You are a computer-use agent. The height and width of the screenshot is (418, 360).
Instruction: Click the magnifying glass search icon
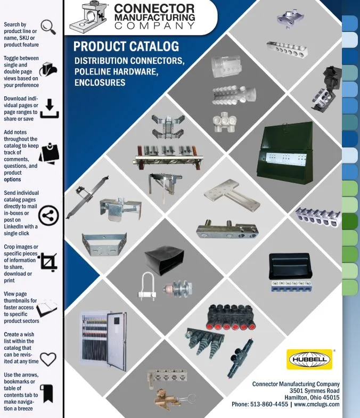click(x=48, y=27)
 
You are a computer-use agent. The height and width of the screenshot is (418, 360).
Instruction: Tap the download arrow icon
click(x=50, y=109)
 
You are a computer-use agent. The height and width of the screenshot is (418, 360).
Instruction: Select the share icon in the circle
click(x=48, y=216)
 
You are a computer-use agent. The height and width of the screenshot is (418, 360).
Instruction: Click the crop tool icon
click(x=48, y=262)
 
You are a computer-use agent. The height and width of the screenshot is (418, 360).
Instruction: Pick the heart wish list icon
click(x=48, y=359)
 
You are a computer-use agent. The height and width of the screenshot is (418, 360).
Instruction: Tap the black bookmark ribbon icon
click(x=47, y=394)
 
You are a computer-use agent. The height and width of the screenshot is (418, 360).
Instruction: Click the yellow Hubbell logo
click(x=309, y=359)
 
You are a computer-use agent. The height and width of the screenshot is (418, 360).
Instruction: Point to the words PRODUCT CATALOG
click(x=126, y=46)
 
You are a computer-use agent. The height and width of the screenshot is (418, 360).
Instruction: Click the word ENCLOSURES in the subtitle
click(x=100, y=83)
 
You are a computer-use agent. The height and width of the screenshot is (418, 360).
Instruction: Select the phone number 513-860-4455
click(x=269, y=404)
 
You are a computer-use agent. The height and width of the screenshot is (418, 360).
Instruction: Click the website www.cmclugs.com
click(x=316, y=404)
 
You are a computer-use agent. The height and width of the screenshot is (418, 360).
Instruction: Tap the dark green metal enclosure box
click(x=285, y=153)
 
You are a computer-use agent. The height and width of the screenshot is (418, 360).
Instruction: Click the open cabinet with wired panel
click(x=103, y=341)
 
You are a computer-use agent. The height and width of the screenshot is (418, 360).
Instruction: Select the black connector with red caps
click(x=231, y=317)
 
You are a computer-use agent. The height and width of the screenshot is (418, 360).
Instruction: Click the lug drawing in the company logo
click(x=88, y=18)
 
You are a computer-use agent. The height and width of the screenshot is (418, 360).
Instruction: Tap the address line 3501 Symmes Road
click(x=314, y=391)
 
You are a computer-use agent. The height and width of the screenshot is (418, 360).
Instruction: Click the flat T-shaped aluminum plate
click(x=232, y=195)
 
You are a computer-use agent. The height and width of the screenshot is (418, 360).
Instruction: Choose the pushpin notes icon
click(x=50, y=153)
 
